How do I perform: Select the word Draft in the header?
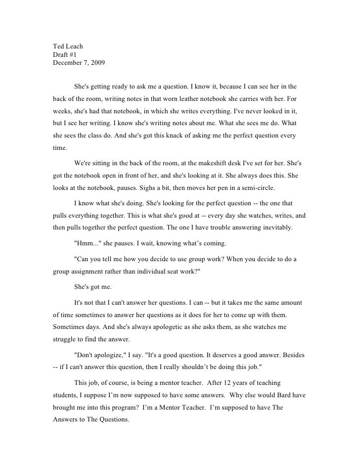click(61, 54)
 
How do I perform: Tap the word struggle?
click(65, 341)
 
